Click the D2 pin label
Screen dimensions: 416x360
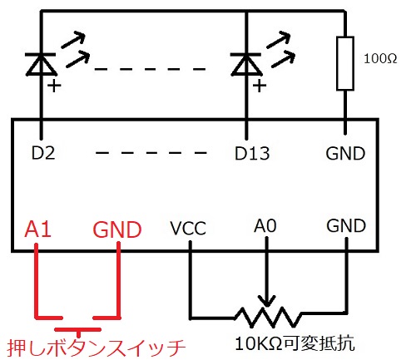click(x=43, y=153)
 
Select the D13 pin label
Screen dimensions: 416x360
click(x=252, y=154)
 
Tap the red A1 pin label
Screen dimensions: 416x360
click(x=37, y=229)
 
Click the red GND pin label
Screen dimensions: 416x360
click(x=117, y=229)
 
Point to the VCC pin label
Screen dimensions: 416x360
click(x=188, y=229)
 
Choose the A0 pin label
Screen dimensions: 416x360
click(x=265, y=225)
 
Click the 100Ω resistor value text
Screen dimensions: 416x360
click(x=380, y=59)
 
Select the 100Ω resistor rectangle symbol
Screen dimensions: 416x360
click(x=345, y=63)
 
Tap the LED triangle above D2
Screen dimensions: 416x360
click(x=42, y=64)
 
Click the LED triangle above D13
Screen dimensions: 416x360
click(x=246, y=64)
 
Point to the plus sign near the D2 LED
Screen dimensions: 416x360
click(x=54, y=86)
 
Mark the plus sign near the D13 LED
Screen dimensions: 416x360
click(x=260, y=86)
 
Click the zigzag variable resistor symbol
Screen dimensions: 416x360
click(x=268, y=318)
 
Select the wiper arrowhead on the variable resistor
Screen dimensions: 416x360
click(x=266, y=301)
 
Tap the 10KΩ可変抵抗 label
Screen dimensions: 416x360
click(x=295, y=343)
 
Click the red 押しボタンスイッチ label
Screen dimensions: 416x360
click(x=97, y=348)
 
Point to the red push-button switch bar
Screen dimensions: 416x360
click(x=78, y=329)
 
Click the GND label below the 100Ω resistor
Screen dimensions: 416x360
click(x=345, y=154)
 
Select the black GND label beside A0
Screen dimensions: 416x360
click(x=346, y=225)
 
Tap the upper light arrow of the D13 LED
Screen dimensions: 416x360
click(x=278, y=40)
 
